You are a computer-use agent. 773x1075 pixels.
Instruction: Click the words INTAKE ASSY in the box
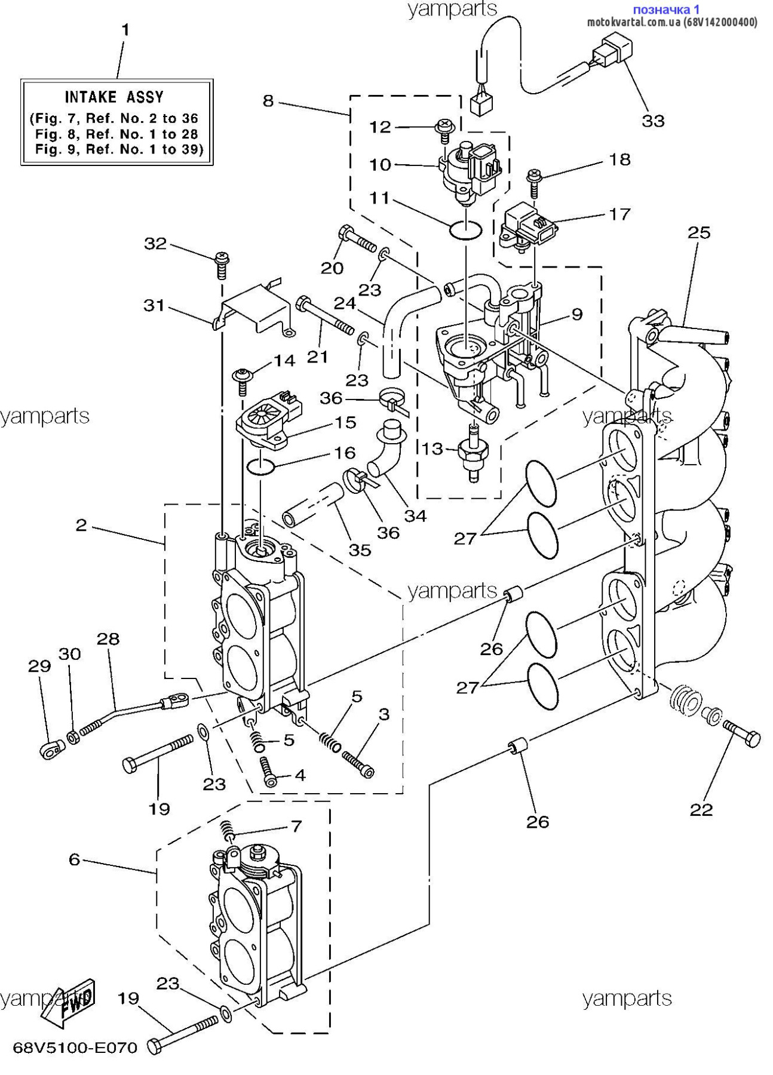click(x=114, y=97)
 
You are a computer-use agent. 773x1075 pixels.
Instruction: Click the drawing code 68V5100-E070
click(x=75, y=1048)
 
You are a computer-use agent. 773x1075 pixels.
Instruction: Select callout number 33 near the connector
click(x=653, y=121)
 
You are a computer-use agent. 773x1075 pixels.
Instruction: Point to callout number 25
click(x=698, y=232)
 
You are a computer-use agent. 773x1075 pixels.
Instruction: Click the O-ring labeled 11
click(x=465, y=229)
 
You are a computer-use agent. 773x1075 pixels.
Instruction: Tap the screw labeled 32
click(x=222, y=265)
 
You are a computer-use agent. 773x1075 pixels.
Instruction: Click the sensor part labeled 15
click(x=269, y=420)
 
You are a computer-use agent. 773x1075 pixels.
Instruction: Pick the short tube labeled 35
click(x=312, y=505)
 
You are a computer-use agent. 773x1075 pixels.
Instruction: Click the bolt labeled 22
click(x=742, y=733)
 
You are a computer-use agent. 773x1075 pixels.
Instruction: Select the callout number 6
click(x=74, y=859)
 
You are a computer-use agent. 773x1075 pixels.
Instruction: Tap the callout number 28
click(x=108, y=639)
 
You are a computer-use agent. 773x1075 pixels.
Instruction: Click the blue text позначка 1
click(x=665, y=9)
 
